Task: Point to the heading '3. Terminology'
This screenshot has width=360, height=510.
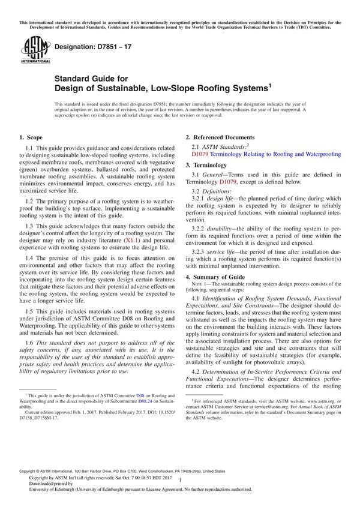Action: (208, 164)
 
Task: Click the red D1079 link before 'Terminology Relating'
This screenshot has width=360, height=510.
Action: (200, 154)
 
